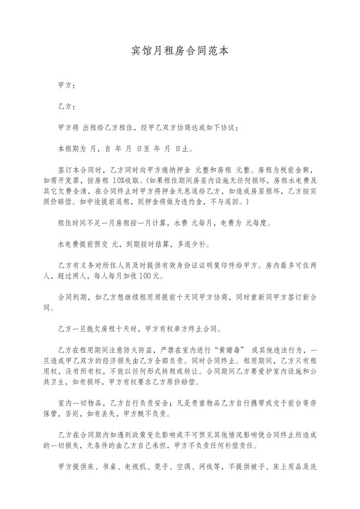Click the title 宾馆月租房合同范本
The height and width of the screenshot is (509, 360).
pos(179,49)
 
